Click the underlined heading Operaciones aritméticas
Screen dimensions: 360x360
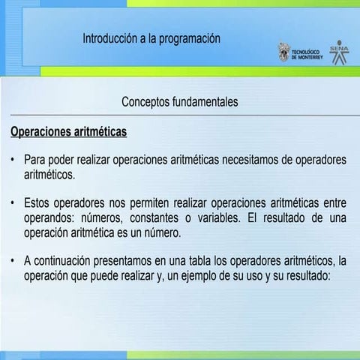(68, 132)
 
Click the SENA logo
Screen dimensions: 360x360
(334, 54)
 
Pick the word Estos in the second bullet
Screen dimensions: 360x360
(39, 203)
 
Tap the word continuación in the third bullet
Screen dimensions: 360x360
(69, 261)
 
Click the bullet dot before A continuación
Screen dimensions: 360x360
(13, 261)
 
